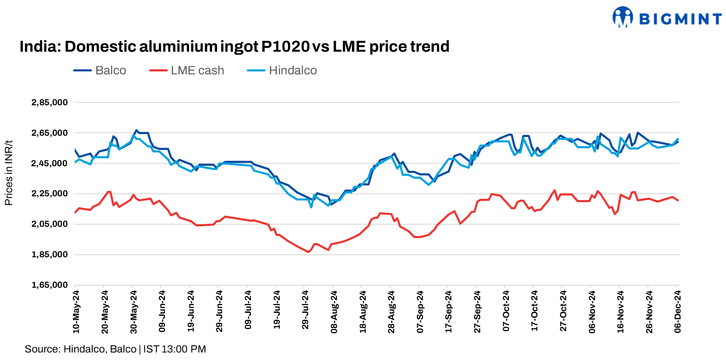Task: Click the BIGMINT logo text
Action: click(680, 19)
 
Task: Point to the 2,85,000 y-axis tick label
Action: click(50, 102)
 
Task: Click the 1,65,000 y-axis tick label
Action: click(50, 285)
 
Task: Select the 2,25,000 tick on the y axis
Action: click(50, 193)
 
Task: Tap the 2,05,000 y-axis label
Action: click(50, 224)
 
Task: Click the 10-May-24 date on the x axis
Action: click(76, 312)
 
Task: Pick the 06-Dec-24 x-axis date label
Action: click(678, 312)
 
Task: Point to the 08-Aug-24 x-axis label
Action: click(334, 312)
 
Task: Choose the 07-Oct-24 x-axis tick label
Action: click(506, 312)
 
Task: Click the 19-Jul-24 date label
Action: click(276, 312)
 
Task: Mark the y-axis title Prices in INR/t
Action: click(8, 172)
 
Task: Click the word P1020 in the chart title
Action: click(285, 46)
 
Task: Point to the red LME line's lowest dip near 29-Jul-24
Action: click(309, 252)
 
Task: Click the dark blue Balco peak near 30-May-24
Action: click(136, 130)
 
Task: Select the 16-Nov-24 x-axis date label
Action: click(620, 312)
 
